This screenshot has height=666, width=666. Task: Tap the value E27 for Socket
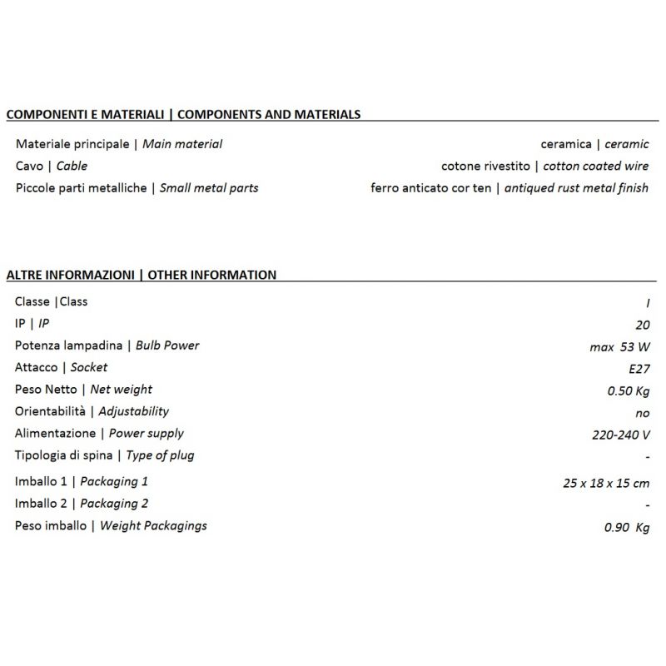coord(638,368)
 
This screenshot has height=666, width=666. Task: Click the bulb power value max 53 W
coord(619,346)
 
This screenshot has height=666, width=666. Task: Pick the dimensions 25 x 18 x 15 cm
coord(606,482)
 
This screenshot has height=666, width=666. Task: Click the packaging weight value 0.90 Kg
coord(627,527)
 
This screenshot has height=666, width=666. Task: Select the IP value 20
coord(642,325)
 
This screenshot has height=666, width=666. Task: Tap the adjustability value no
coord(642,413)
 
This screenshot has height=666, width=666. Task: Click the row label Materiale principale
coord(73,144)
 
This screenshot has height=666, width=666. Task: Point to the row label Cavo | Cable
coord(51,166)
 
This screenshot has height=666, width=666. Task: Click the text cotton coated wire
coord(596,166)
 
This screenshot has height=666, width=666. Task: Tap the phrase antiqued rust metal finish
coord(577,188)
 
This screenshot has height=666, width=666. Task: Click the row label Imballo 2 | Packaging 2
coord(82,504)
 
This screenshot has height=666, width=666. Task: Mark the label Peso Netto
coord(47,390)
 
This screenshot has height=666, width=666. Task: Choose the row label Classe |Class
coord(51,301)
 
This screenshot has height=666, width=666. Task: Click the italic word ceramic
coord(627,144)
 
